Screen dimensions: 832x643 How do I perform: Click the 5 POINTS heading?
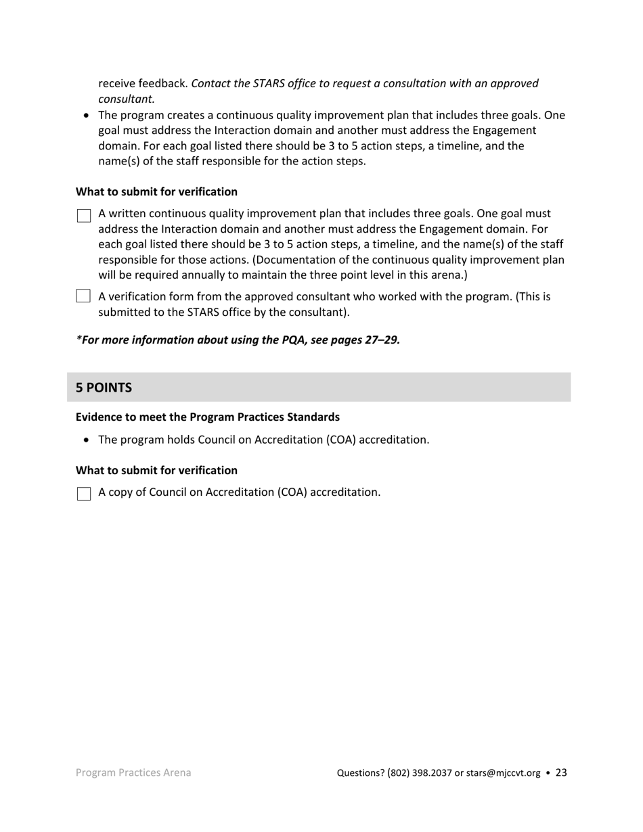pos(104,388)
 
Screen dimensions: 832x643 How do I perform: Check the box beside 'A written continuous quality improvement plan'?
pos(83,216)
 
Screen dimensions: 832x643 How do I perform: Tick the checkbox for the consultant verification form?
pos(83,296)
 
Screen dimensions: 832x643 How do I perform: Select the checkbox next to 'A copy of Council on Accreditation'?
pos(83,494)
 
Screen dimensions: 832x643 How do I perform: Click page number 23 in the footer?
pos(561,772)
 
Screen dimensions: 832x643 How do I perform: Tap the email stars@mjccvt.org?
pos(503,773)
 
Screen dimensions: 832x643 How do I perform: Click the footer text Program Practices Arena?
pos(133,772)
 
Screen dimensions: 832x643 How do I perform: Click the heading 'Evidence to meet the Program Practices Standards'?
pos(207,417)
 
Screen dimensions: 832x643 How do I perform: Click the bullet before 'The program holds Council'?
pos(86,440)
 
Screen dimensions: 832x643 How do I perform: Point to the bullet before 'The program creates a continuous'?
pos(86,116)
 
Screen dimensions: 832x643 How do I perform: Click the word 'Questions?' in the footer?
pos(361,773)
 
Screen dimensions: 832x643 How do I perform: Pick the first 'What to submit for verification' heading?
pos(156,191)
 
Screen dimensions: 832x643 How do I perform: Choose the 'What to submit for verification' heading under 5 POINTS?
pos(156,470)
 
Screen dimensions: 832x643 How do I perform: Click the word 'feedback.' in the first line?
pos(164,83)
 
